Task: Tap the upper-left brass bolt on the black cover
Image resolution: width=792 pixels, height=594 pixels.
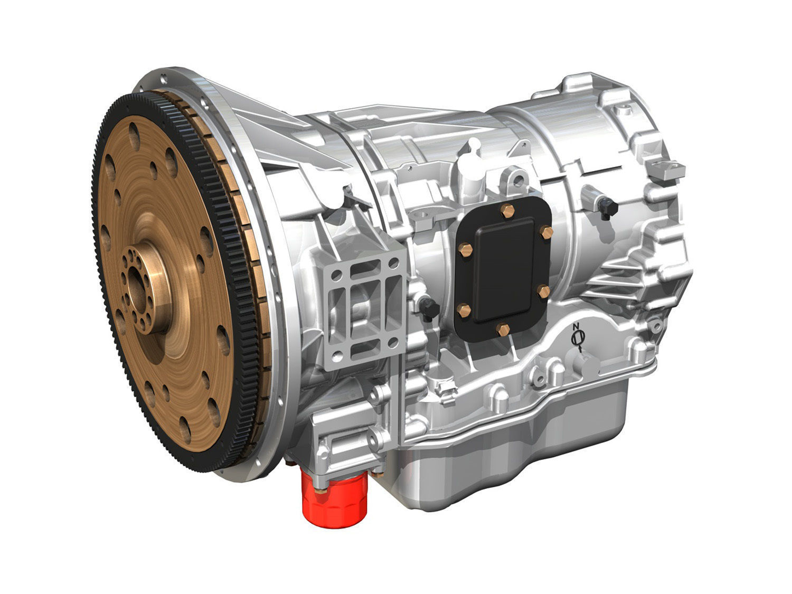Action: [x=466, y=250]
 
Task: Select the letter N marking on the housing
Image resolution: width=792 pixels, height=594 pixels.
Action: [x=577, y=327]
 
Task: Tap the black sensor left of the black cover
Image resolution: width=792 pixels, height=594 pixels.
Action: [x=429, y=308]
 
